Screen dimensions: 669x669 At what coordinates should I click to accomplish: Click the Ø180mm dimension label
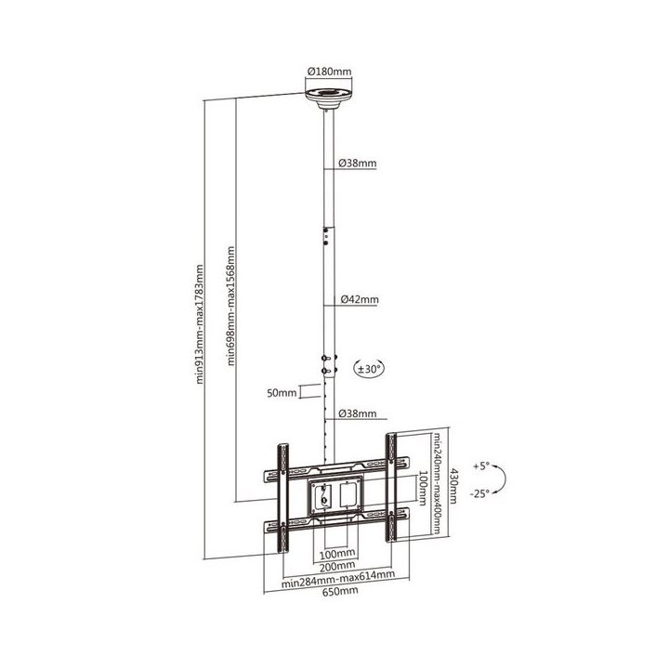[329, 72]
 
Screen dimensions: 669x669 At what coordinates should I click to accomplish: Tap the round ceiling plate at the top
[329, 98]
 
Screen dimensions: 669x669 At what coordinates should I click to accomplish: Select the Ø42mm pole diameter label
[360, 299]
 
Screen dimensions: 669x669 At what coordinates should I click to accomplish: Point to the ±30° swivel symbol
[370, 369]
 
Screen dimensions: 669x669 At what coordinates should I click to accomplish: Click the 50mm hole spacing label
[282, 393]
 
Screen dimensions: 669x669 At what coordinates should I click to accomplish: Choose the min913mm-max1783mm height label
[199, 324]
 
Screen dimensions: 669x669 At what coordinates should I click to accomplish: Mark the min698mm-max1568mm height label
[230, 306]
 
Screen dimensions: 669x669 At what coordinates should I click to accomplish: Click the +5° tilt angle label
[481, 466]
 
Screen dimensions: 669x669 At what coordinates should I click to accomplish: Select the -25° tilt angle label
[479, 493]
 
